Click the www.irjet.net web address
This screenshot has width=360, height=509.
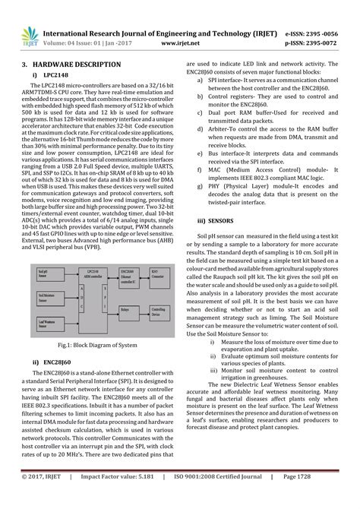(180, 43)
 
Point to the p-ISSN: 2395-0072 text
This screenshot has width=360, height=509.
(313, 43)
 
